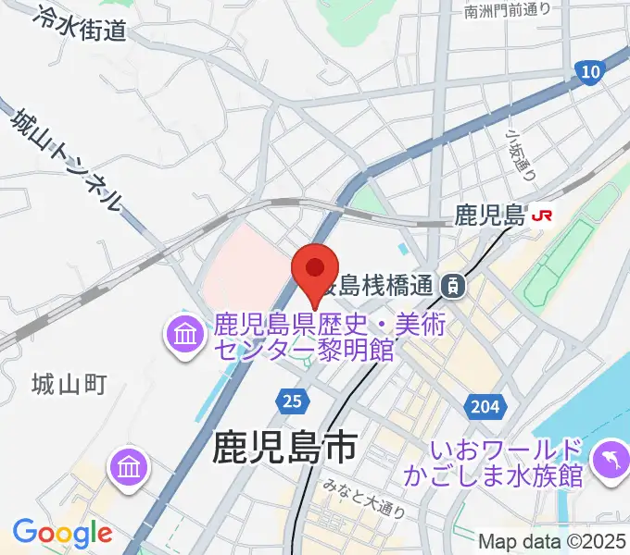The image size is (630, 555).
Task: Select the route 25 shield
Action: coord(290,401)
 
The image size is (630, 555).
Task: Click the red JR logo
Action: coord(541,216)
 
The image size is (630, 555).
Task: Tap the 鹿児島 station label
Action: coord(490,216)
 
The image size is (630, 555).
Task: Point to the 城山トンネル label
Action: coord(66,157)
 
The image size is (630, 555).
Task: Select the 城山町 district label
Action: coord(69,382)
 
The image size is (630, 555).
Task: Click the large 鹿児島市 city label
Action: coord(284,449)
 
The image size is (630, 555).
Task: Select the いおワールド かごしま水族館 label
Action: coord(506,463)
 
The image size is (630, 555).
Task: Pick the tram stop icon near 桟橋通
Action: coord(453,286)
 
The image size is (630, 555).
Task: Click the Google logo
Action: coord(62,533)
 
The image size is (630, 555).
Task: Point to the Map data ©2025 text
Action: coord(551,541)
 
